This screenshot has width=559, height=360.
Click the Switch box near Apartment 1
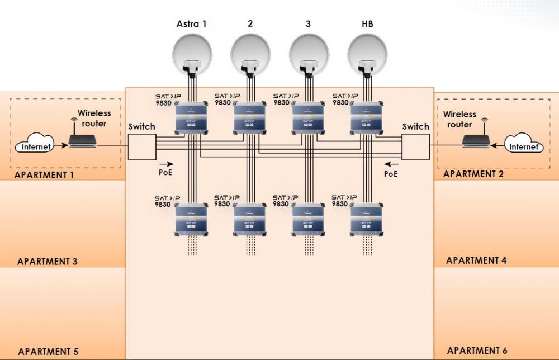(142, 147)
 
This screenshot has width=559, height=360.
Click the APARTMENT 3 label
(48, 261)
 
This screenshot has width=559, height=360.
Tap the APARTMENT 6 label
(477, 350)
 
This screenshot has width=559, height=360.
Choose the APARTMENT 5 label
(48, 352)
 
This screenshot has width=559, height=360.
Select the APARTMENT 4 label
(476, 260)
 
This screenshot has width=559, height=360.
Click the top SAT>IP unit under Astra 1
(191, 119)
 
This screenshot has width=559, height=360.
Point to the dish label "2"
(250, 24)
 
